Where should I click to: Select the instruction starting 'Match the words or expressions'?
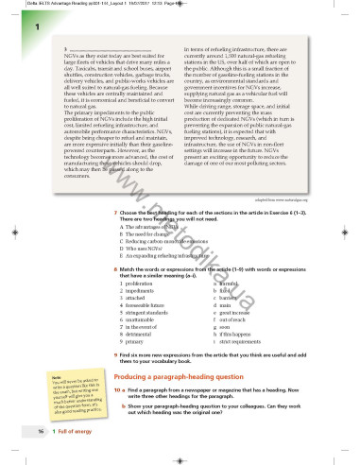pos(212,268)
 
